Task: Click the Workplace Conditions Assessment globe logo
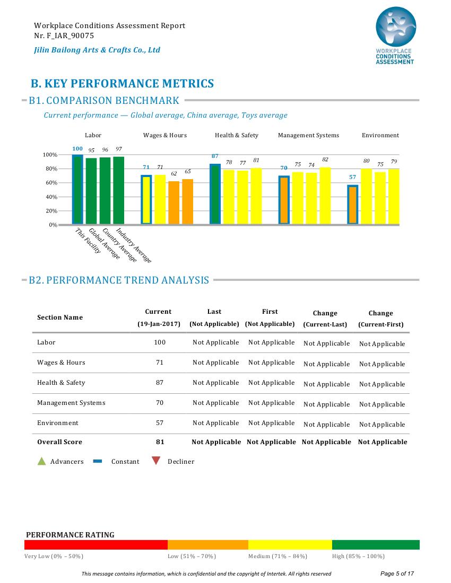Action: [396, 27]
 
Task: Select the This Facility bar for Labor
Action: [77, 189]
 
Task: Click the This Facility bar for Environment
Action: [353, 205]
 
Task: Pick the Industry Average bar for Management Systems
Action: [325, 196]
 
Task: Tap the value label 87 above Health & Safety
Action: [215, 156]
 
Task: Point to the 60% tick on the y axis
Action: [51, 182]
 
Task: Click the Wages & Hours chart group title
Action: [165, 135]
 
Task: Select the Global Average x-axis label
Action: [104, 244]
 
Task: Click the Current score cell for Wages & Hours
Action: [160, 363]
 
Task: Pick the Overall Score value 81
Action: [160, 442]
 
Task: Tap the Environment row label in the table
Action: [58, 423]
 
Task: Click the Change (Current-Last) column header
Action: [325, 319]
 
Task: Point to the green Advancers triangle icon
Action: [42, 461]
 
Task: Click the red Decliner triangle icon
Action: [156, 461]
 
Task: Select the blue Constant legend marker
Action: [98, 461]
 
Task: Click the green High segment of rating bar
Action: [376, 545]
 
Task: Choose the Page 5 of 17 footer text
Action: [397, 573]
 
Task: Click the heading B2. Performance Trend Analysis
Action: [119, 280]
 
